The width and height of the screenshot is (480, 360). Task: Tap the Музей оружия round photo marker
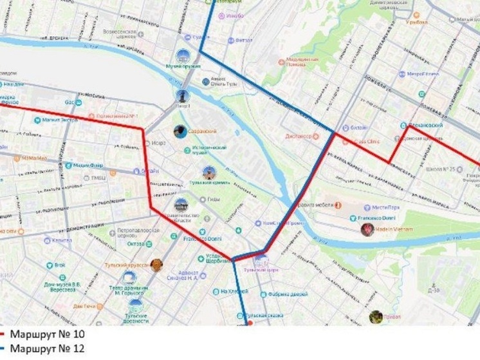coord(184,56)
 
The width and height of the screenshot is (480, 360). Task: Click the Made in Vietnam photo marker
coord(367,229)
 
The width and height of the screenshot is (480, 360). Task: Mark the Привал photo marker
coord(376,316)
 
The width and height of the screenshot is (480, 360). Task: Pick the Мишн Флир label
coord(88,165)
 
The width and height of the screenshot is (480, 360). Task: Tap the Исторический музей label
coord(210,150)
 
